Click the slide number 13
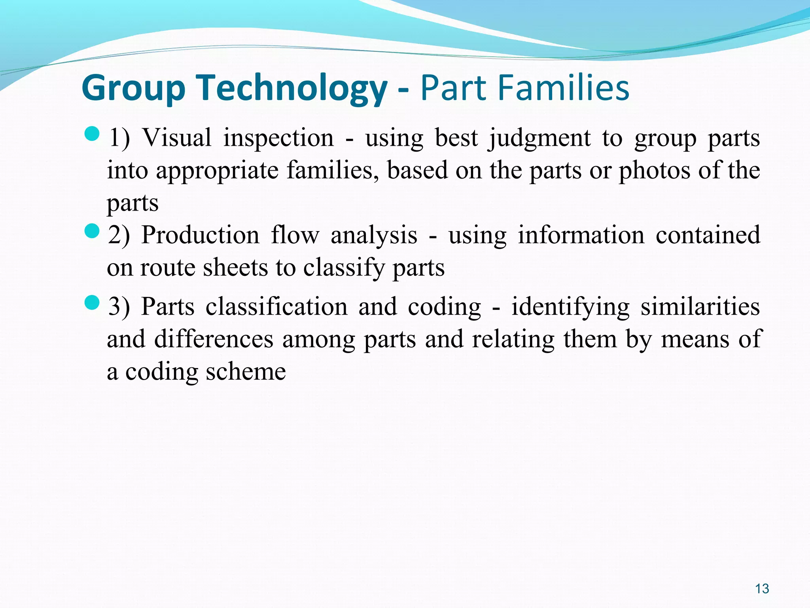click(x=762, y=589)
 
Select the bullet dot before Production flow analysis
click(x=92, y=231)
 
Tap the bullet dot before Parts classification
click(x=92, y=303)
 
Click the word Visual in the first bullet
click(x=177, y=138)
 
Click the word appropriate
click(x=217, y=171)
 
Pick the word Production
click(x=200, y=235)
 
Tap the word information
click(x=581, y=235)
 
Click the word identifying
click(x=570, y=307)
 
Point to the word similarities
click(x=700, y=307)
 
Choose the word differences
click(x=214, y=340)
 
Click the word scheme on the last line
click(x=246, y=372)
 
